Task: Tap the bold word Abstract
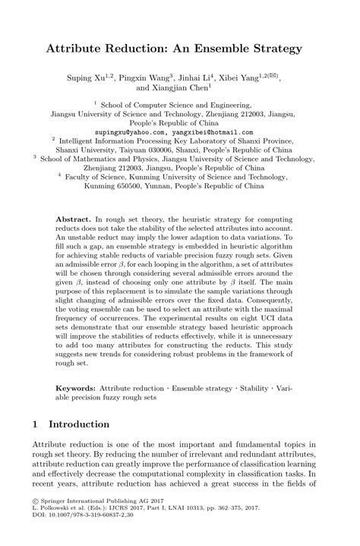[x=73, y=217]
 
